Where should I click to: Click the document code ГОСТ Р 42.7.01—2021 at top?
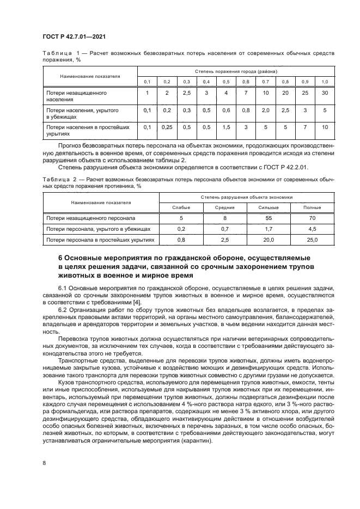click(74, 37)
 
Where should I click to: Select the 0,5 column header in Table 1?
click(225, 82)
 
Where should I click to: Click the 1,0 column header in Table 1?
click(325, 82)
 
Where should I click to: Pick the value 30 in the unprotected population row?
click(325, 93)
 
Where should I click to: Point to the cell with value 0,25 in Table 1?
click(167, 127)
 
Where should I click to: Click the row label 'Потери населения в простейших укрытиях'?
click(87, 130)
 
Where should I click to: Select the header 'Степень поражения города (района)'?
click(236, 71)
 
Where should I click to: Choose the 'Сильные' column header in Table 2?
click(284, 207)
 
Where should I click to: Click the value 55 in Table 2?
click(284, 218)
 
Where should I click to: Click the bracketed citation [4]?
click(139, 302)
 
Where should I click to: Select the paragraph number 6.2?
click(63, 309)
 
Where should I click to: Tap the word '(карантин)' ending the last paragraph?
click(197, 441)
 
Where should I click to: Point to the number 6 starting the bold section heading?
click(60, 257)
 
